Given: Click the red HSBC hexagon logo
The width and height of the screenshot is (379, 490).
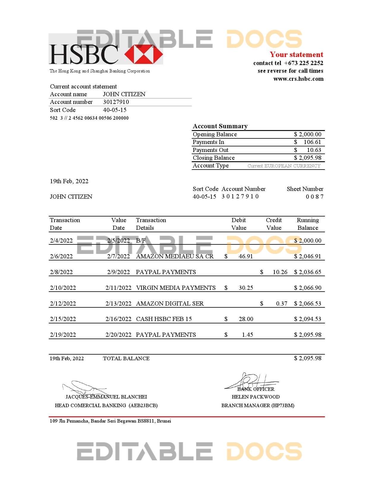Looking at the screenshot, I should (x=144, y=54).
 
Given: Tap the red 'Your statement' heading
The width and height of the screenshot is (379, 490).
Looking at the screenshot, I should (x=296, y=55).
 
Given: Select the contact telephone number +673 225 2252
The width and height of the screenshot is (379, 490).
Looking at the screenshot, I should (x=303, y=63).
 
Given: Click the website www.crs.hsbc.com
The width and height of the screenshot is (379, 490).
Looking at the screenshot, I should (x=298, y=79).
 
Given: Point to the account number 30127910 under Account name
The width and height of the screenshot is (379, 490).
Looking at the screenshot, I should (x=116, y=102).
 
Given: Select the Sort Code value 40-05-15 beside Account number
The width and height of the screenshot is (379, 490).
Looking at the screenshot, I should (x=115, y=110).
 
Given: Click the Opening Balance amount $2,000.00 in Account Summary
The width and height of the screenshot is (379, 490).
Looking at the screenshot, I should (x=308, y=134).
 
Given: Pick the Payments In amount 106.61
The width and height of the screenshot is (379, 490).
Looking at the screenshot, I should (x=312, y=142).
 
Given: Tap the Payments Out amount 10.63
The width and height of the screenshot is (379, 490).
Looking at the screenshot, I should (x=314, y=150).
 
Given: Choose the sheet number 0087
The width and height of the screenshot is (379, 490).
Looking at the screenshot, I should (x=314, y=197).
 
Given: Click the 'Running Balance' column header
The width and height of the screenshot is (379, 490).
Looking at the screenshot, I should (x=308, y=224).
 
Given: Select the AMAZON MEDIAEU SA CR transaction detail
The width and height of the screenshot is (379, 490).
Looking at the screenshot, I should (x=175, y=256).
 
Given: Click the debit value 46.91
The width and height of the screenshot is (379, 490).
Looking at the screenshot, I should (x=246, y=256).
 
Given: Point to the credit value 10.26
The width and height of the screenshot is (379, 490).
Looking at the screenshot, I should (x=280, y=272).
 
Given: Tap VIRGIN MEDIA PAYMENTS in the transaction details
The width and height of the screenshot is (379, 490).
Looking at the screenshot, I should (x=176, y=288).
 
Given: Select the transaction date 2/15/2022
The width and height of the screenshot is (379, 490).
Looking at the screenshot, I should (x=63, y=319).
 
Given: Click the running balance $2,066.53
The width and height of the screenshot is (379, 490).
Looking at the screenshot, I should (x=308, y=304).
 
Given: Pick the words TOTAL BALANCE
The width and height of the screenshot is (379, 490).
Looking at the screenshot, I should (x=126, y=358).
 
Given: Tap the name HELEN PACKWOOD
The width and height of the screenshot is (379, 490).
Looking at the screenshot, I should (x=256, y=397).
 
